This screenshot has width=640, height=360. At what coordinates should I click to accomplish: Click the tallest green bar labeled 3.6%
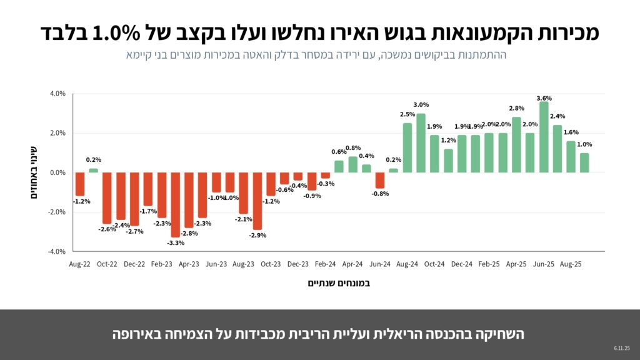pyautogui.click(x=544, y=137)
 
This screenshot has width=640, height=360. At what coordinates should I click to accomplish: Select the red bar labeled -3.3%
pyautogui.click(x=176, y=204)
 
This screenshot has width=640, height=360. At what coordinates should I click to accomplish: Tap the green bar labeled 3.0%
pyautogui.click(x=421, y=143)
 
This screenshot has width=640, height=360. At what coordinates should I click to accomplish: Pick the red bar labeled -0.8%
pyautogui.click(x=380, y=180)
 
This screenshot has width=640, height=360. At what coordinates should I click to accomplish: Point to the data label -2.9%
pyautogui.click(x=257, y=235)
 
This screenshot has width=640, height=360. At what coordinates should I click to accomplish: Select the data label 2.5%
pyautogui.click(x=407, y=114)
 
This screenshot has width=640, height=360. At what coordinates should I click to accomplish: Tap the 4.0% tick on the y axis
pyautogui.click(x=57, y=94)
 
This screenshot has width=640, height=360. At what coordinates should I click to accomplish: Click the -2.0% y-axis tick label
pyautogui.click(x=56, y=212)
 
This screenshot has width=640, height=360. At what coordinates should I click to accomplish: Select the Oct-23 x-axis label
pyautogui.click(x=271, y=264)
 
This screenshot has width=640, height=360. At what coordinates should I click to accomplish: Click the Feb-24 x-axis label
pyautogui.click(x=326, y=264)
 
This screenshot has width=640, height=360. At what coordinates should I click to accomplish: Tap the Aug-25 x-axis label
pyautogui.click(x=570, y=264)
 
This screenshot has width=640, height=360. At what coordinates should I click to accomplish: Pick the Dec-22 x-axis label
pyautogui.click(x=135, y=264)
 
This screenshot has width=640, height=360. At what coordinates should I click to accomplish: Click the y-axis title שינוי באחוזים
pyautogui.click(x=36, y=171)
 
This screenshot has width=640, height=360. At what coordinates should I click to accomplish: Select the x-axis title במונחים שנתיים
pyautogui.click(x=339, y=283)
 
